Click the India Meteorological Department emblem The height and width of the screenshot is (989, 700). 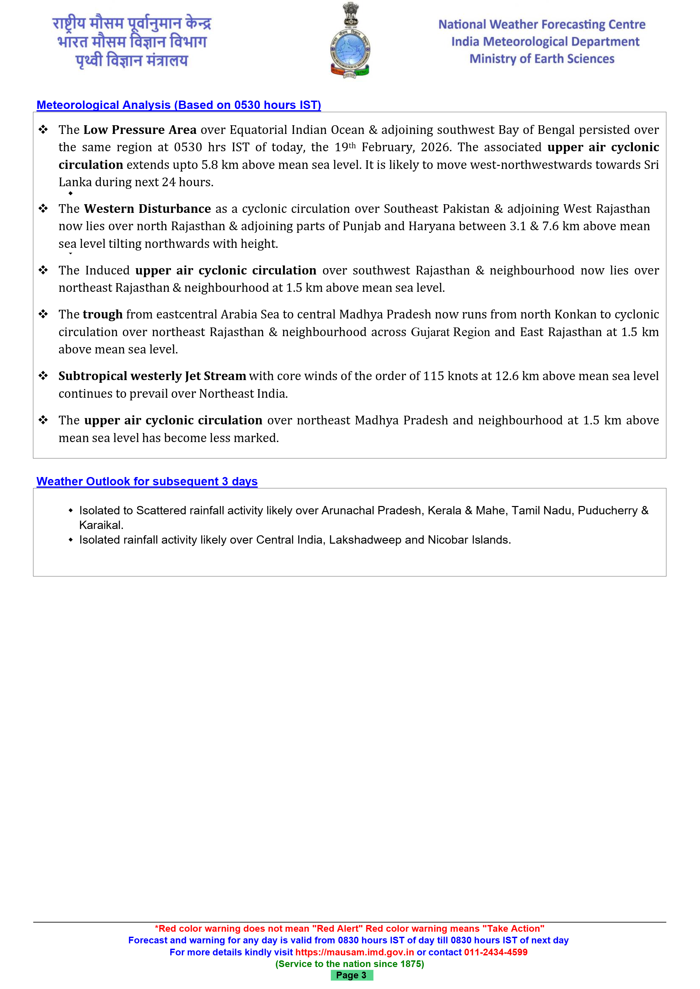350,41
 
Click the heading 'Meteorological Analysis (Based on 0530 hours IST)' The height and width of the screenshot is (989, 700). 178,105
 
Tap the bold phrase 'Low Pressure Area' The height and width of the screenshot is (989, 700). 140,130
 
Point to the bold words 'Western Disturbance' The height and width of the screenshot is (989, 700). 147,209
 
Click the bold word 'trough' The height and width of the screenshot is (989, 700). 103,314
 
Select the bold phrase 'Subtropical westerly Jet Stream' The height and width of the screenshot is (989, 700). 152,376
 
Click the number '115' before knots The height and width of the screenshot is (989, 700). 433,376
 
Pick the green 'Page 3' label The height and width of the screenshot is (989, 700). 351,975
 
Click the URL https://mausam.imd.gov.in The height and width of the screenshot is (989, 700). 354,952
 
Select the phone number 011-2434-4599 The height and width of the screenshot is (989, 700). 496,952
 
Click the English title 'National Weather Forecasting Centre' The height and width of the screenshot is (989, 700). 542,25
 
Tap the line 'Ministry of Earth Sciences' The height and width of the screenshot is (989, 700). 542,59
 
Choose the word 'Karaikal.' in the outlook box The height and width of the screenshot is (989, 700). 101,525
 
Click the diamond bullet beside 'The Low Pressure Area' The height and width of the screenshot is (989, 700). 43,130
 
